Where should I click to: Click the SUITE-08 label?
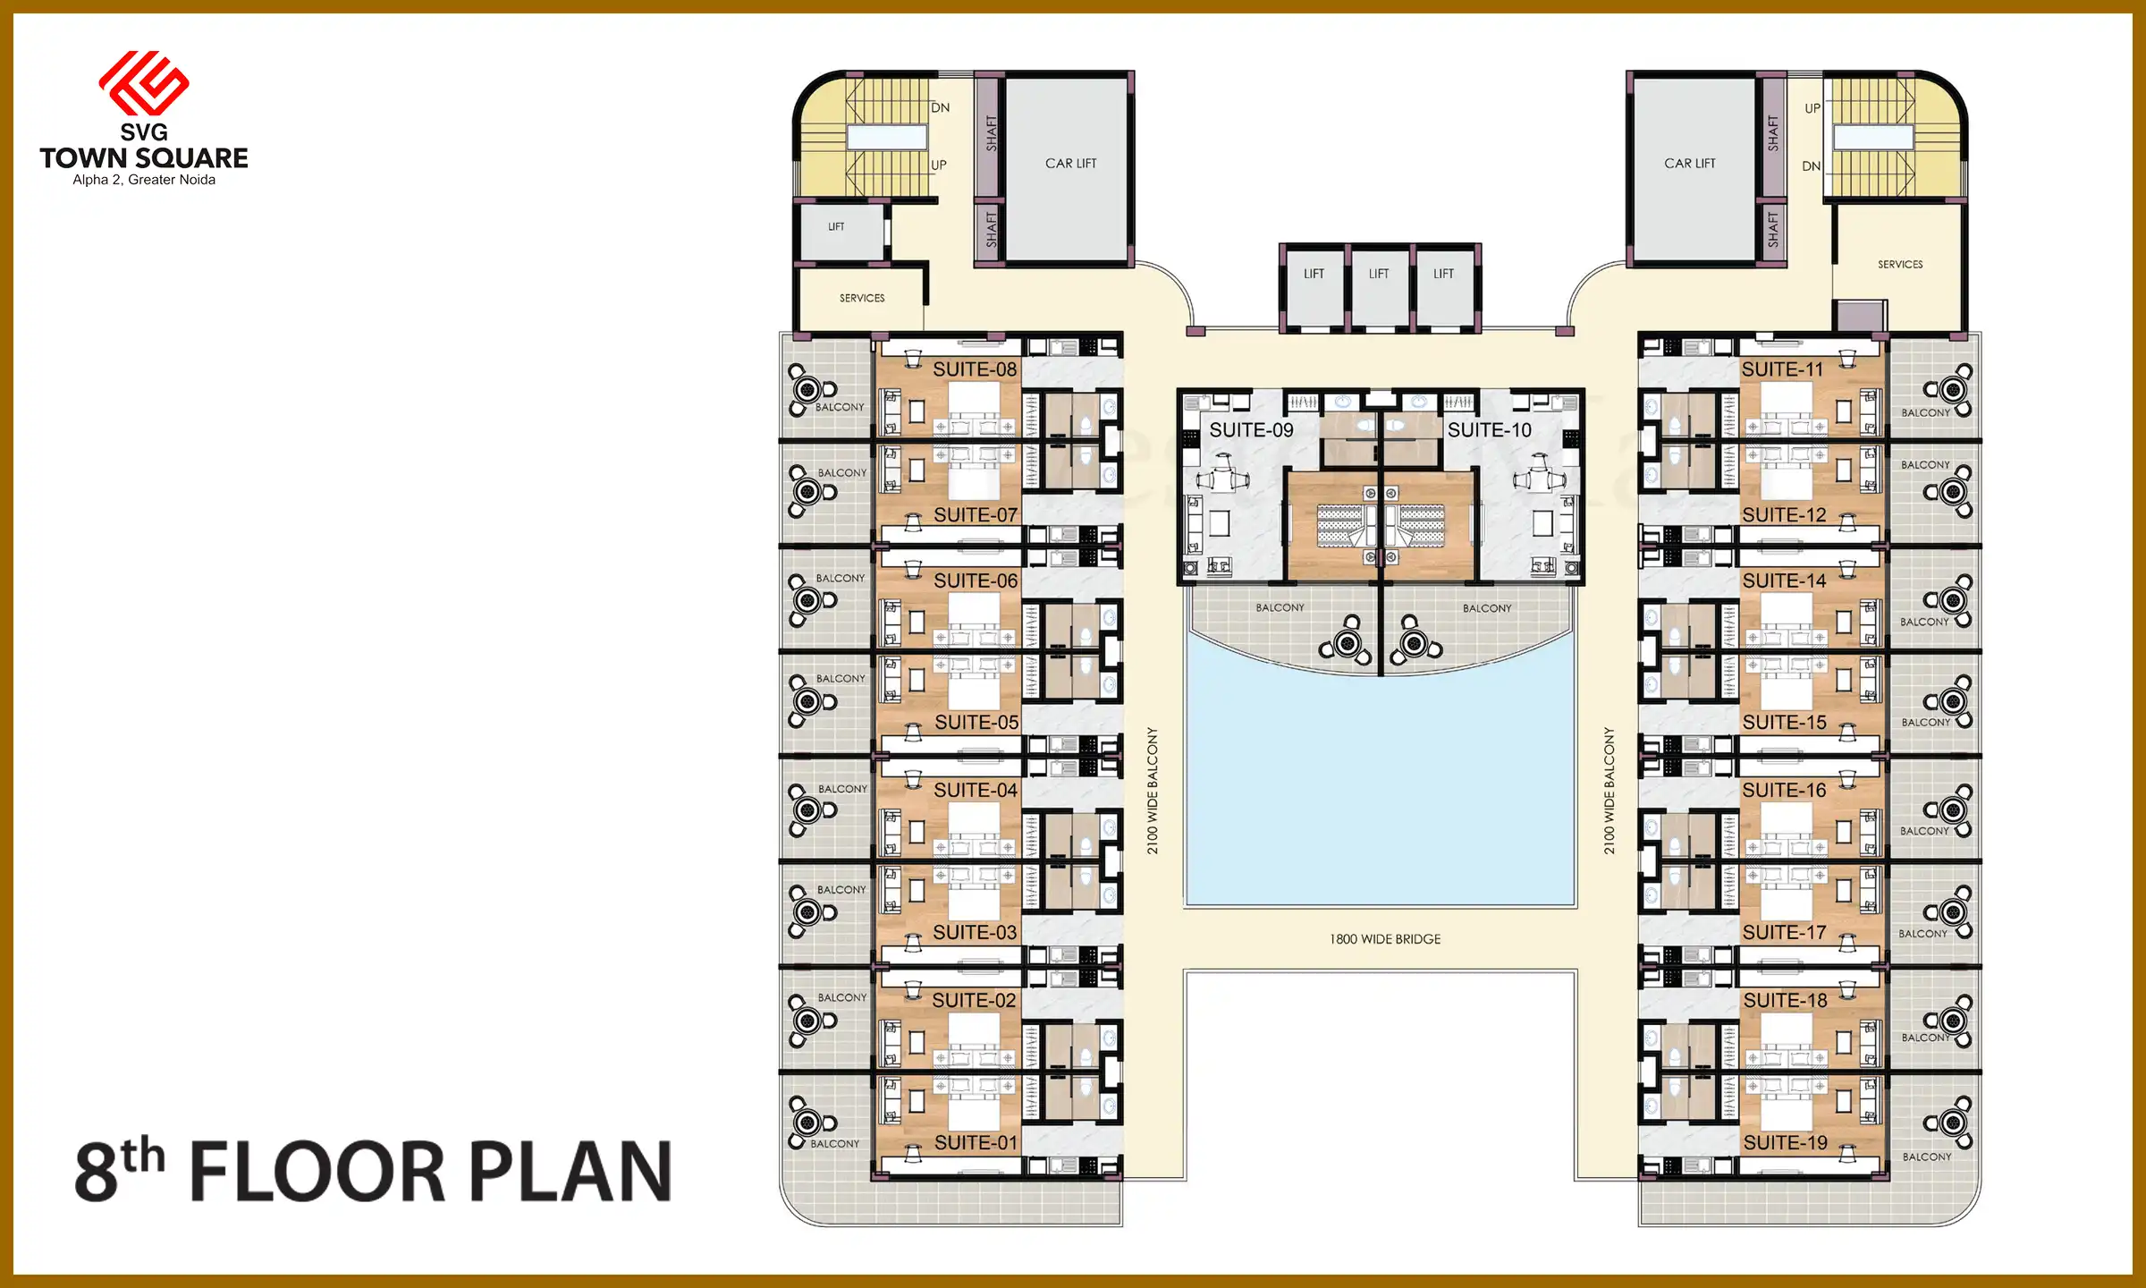click(975, 369)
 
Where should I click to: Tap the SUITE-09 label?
click(1251, 430)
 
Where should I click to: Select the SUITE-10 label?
click(1489, 430)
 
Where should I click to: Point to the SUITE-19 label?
click(1785, 1143)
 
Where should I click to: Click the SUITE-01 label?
click(976, 1143)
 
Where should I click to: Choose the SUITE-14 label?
click(1784, 581)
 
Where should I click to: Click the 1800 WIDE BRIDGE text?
click(1385, 939)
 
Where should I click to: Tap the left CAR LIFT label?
click(1070, 164)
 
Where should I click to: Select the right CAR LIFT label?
click(1689, 164)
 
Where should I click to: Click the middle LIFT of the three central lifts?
click(1379, 274)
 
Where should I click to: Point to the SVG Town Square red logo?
click(144, 82)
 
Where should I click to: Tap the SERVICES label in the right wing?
click(1900, 265)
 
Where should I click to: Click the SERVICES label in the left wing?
click(862, 298)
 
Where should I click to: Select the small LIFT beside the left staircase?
click(836, 227)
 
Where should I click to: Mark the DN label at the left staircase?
click(940, 108)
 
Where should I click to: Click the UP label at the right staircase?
click(1812, 108)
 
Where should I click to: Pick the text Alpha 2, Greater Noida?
click(144, 180)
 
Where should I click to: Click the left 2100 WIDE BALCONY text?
click(1153, 791)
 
